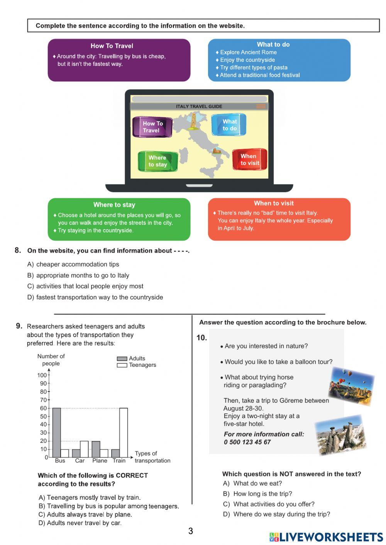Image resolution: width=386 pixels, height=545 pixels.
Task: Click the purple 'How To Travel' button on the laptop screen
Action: click(x=152, y=127)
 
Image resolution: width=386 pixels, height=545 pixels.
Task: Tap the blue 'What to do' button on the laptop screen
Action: click(x=229, y=125)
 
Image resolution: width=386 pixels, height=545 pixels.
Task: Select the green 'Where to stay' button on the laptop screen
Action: click(x=158, y=161)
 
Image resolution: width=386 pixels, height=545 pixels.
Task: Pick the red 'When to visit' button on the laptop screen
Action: click(x=250, y=159)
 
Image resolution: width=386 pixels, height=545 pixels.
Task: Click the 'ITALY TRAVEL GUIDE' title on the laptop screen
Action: click(x=199, y=106)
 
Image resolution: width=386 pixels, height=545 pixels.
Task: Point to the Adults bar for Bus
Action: click(x=56, y=432)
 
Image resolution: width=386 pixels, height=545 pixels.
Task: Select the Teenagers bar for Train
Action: click(x=124, y=432)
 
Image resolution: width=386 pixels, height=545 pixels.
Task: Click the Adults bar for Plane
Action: click(x=96, y=449)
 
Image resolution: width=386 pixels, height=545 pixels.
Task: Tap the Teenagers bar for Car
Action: click(x=84, y=449)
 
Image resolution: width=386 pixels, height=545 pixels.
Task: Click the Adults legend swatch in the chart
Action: click(x=122, y=359)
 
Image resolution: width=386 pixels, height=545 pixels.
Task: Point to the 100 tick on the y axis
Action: click(x=42, y=375)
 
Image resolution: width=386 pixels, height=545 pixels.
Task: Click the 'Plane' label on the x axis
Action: click(x=100, y=461)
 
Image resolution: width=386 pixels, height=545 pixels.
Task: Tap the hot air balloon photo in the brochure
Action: click(x=351, y=386)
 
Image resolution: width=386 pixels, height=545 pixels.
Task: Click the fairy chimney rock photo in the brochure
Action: click(x=340, y=435)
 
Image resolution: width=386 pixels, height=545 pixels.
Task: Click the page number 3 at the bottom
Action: click(x=191, y=531)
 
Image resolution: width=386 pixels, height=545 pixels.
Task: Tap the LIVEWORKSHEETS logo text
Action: click(x=331, y=537)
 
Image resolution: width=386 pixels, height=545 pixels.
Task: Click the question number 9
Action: click(x=19, y=326)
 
